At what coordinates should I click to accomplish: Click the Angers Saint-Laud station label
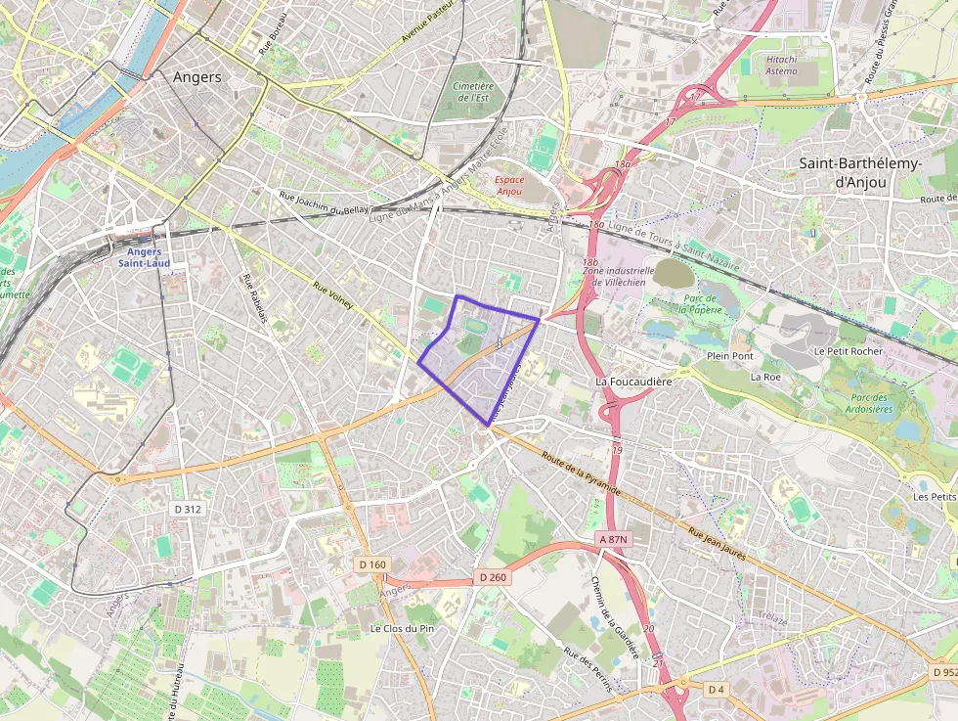tap(145, 256)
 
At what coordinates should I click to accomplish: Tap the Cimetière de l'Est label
tap(473, 92)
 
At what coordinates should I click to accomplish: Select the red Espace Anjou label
tap(508, 186)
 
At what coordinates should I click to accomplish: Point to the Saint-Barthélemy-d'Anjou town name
tap(859, 172)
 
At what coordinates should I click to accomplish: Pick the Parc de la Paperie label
tap(699, 304)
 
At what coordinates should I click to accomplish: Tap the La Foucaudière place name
tap(634, 381)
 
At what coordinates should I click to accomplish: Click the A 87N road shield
tap(611, 539)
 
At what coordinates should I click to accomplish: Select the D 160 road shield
tap(372, 564)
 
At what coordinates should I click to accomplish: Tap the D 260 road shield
tap(493, 578)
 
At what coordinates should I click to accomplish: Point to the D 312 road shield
tap(188, 509)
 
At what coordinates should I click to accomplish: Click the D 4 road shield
tap(717, 690)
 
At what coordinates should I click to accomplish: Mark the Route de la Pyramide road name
tap(581, 473)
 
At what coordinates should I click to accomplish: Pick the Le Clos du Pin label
tap(402, 627)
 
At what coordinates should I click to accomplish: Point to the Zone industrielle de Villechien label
tap(623, 276)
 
